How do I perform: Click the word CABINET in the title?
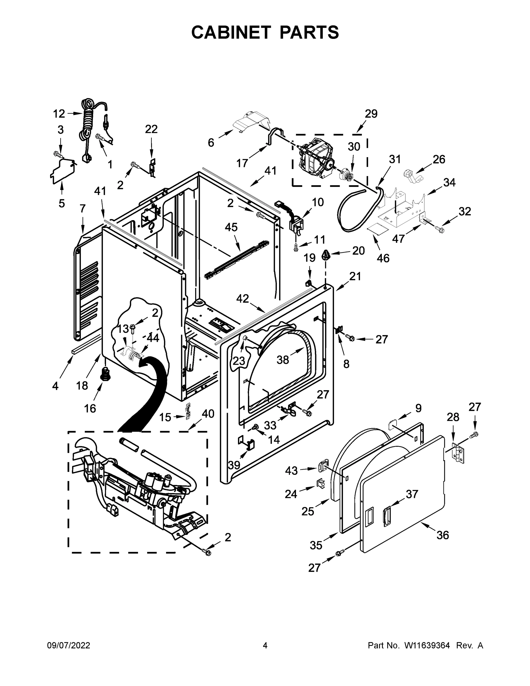231,32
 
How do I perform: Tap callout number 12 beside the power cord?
59,114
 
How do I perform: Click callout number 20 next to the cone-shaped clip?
358,250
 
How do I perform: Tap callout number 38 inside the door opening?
283,360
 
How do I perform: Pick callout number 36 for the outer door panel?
443,535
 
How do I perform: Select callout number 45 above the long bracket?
231,227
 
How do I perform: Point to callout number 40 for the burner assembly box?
208,414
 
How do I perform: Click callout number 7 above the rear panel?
83,208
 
